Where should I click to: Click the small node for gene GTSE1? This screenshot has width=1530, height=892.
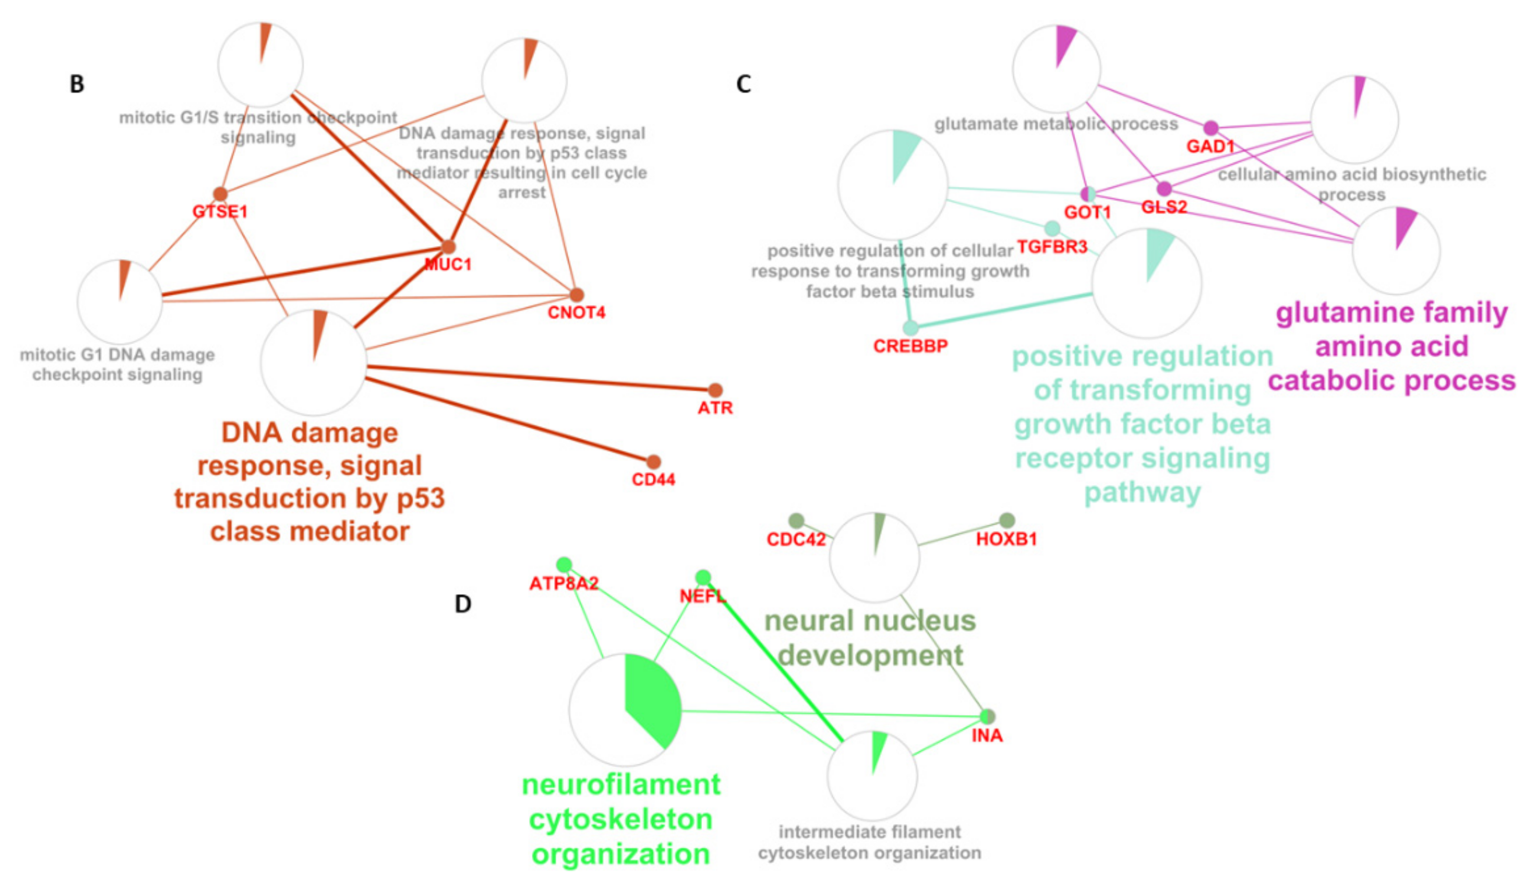pyautogui.click(x=220, y=194)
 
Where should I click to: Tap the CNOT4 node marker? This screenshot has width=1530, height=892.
pyautogui.click(x=576, y=295)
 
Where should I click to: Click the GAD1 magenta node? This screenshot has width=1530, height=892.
pyautogui.click(x=1211, y=128)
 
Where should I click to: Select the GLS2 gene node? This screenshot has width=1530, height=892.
pyautogui.click(x=1164, y=188)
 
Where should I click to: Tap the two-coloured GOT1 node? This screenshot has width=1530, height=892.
pyautogui.click(x=1088, y=194)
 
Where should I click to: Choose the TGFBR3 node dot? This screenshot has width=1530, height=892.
pyautogui.click(x=1052, y=228)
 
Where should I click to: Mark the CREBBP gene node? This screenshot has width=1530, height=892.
pyautogui.click(x=910, y=328)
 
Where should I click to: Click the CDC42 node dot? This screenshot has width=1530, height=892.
pyautogui.click(x=796, y=520)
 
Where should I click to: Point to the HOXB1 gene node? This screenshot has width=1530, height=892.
pyautogui.click(x=1007, y=520)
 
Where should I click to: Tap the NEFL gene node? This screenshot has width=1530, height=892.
pyautogui.click(x=703, y=577)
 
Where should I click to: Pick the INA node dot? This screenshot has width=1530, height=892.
pyautogui.click(x=988, y=717)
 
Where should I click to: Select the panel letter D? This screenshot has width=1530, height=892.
pyautogui.click(x=463, y=604)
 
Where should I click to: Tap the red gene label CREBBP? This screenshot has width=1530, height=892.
pyautogui.click(x=910, y=346)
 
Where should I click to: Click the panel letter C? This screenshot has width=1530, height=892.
pyautogui.click(x=743, y=84)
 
